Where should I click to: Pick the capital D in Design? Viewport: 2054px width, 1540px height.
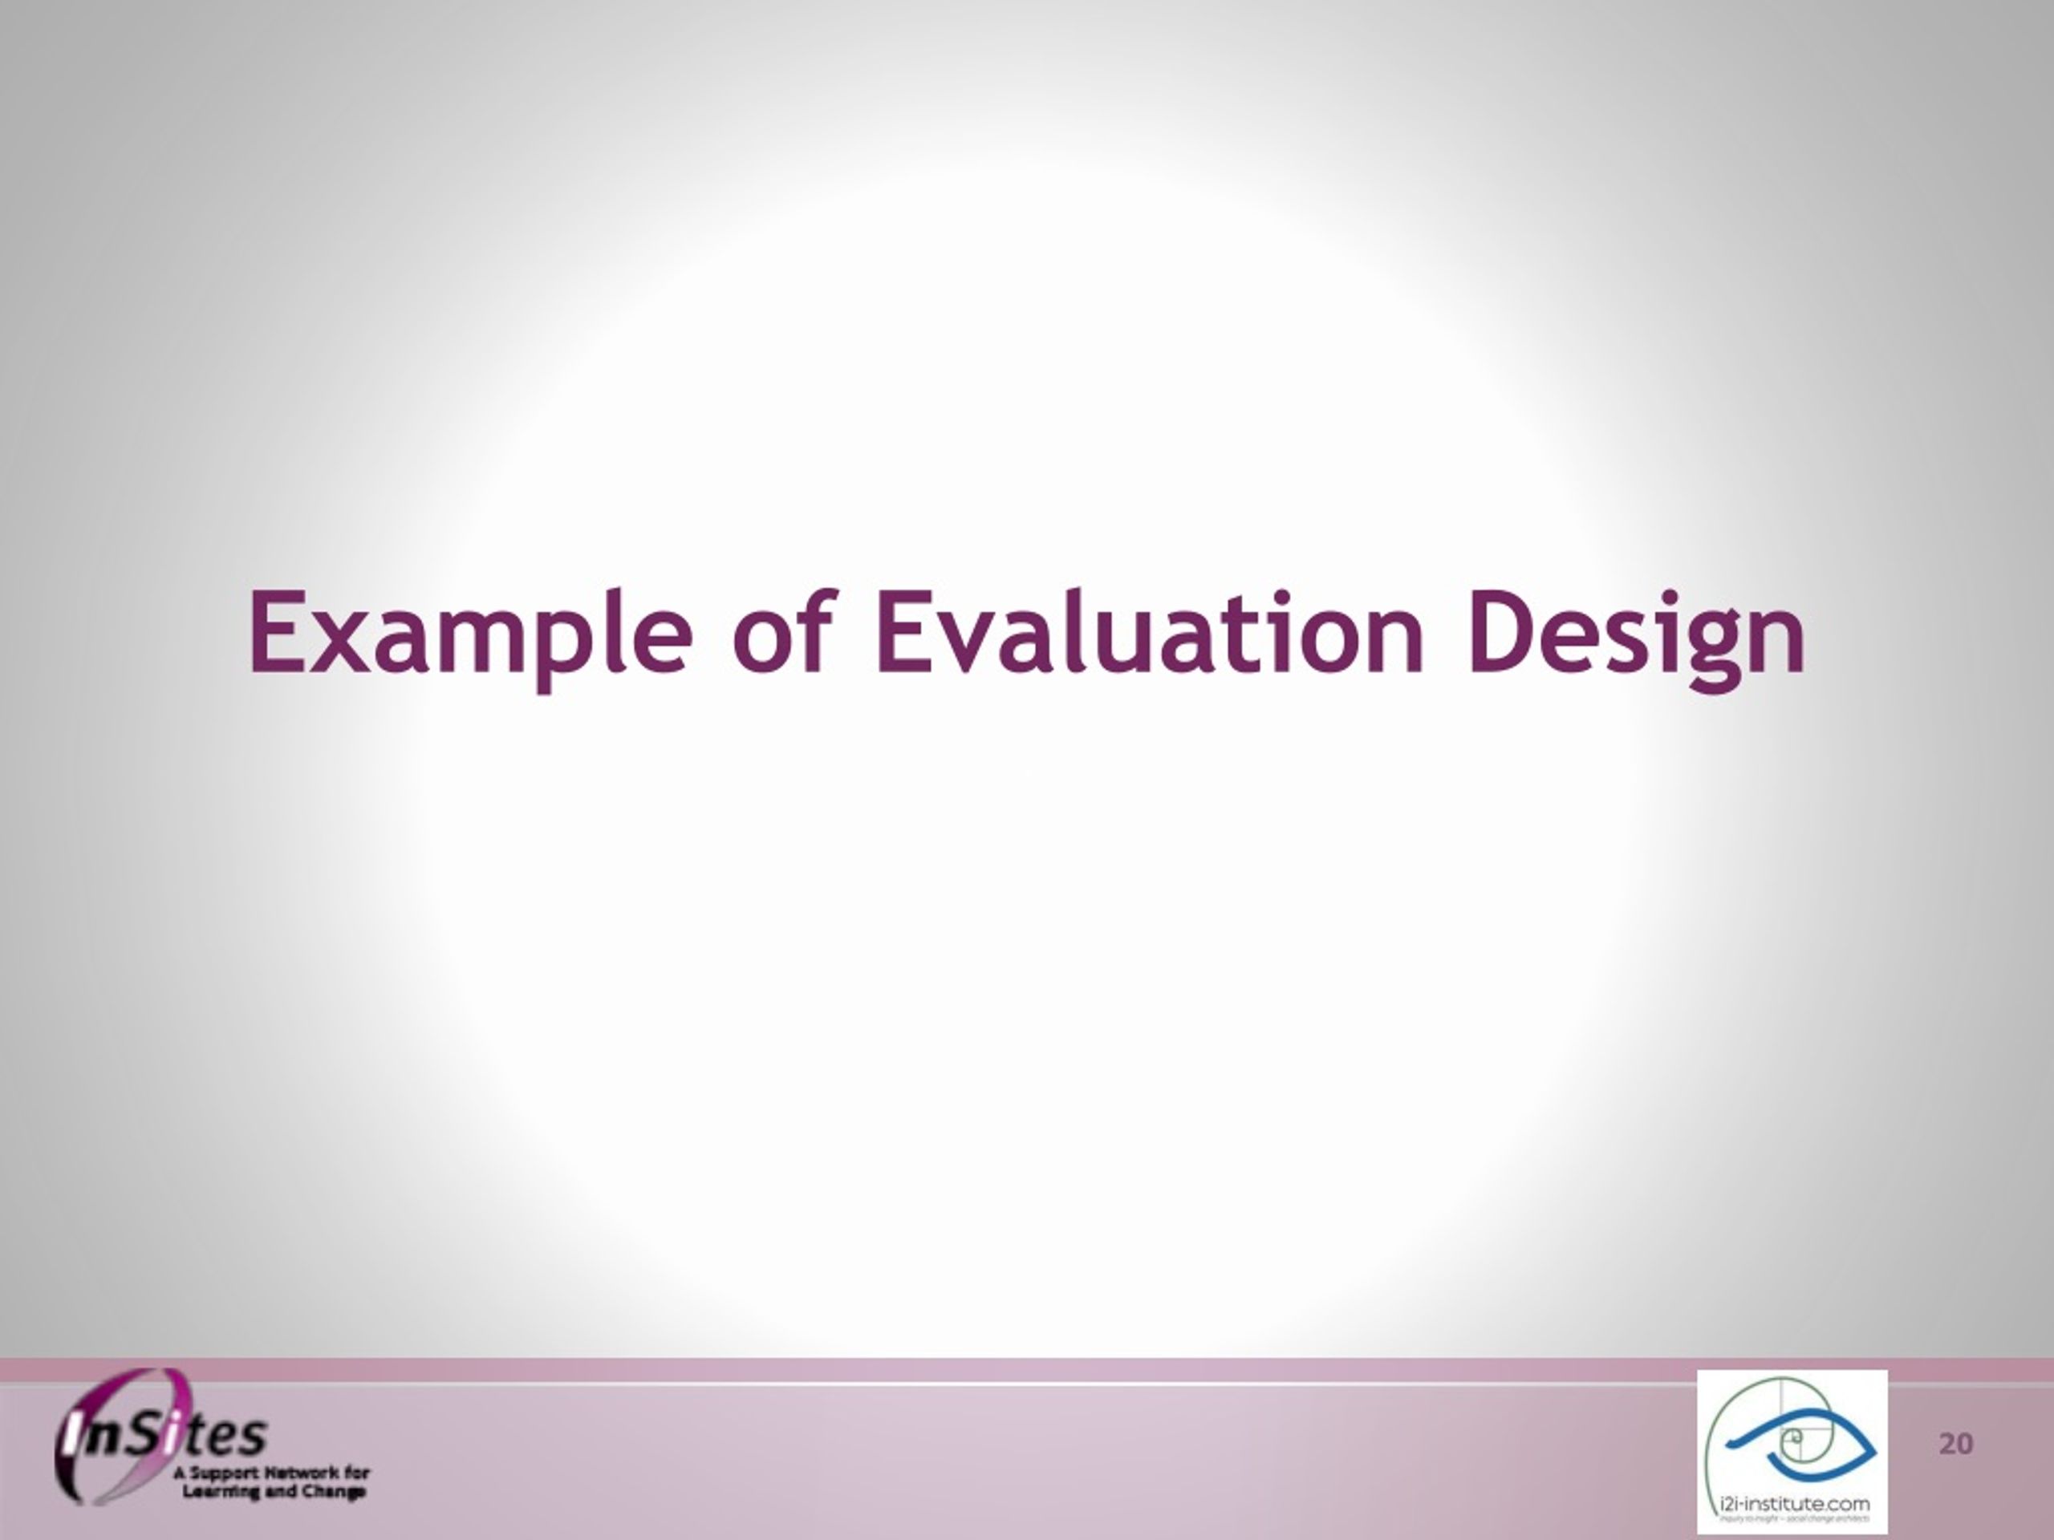[1500, 634]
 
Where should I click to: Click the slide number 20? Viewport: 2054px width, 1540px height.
[1955, 1445]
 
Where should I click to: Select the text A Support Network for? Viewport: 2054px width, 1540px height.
[271, 1473]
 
